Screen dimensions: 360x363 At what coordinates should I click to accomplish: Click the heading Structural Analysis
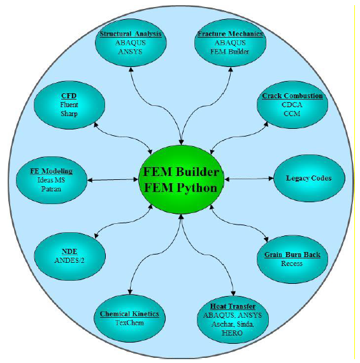point(131,34)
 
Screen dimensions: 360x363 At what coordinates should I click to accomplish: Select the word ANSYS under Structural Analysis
point(130,52)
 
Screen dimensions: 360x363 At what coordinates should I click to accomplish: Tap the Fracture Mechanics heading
point(230,34)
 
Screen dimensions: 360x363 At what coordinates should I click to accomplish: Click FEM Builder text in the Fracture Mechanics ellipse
point(229,52)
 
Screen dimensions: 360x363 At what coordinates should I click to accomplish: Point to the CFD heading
point(69,96)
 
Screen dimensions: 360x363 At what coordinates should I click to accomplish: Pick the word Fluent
point(69,105)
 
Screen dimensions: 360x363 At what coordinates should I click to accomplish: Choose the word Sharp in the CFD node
point(69,114)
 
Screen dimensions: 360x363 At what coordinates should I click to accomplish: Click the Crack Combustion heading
point(292,96)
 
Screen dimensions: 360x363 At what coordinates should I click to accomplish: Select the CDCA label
point(292,105)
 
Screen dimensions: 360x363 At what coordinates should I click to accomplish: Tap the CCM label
point(292,114)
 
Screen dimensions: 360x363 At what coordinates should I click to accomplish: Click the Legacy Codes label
point(309,178)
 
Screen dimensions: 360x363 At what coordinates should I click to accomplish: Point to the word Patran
point(52,189)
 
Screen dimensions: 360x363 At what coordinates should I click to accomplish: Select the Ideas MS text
point(52,180)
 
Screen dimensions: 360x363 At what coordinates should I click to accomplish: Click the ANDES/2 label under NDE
point(69,260)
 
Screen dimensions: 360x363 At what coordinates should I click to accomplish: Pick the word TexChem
point(129,323)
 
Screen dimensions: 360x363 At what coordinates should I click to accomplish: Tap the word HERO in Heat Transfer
point(232,333)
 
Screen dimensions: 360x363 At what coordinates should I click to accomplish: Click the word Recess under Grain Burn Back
point(292,263)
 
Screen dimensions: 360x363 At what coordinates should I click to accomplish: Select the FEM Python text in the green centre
point(181,188)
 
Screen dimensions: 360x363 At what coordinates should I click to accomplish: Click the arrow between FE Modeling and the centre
point(113,180)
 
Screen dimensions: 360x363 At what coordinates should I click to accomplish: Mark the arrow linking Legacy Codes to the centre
point(249,179)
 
